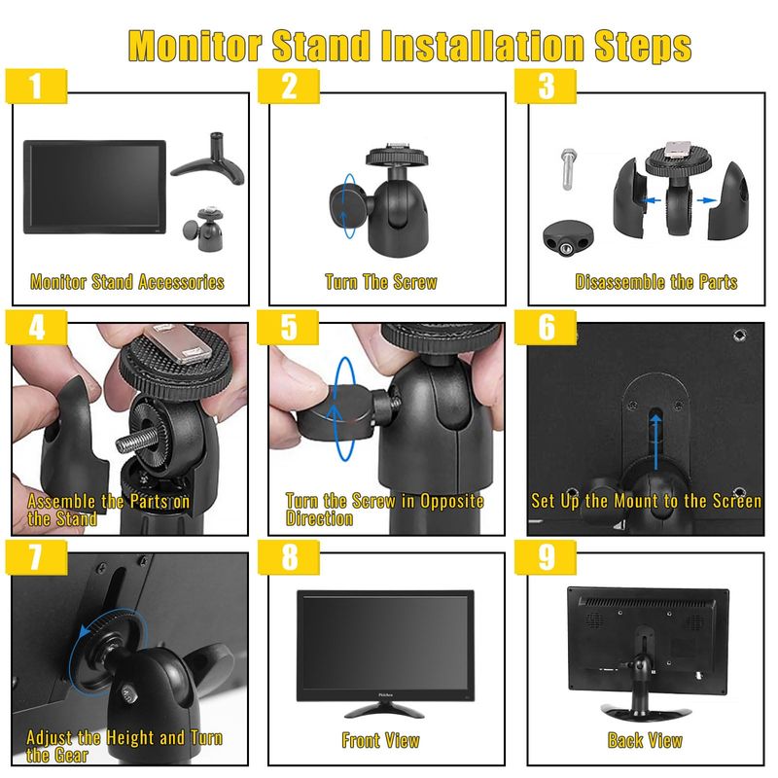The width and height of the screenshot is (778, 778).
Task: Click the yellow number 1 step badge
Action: [x=36, y=86]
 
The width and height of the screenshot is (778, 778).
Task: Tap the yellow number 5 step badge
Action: [x=288, y=327]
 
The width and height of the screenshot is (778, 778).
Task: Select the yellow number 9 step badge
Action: [x=546, y=556]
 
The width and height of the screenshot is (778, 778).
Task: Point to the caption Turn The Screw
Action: [x=381, y=282]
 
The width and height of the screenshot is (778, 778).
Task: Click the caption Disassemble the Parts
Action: [x=655, y=282]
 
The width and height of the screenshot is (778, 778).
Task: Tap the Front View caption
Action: [x=380, y=740]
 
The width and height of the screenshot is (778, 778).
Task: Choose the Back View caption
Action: [x=645, y=740]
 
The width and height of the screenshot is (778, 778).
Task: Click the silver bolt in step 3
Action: [x=568, y=168]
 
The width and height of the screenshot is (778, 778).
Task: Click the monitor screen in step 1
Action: [x=94, y=187]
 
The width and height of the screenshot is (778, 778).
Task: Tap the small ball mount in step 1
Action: [x=205, y=229]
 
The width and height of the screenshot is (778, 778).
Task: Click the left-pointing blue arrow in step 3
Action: [x=652, y=200]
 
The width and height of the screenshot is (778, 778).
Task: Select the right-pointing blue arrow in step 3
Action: [x=707, y=200]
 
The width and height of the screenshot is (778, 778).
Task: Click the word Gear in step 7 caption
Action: [x=71, y=756]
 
